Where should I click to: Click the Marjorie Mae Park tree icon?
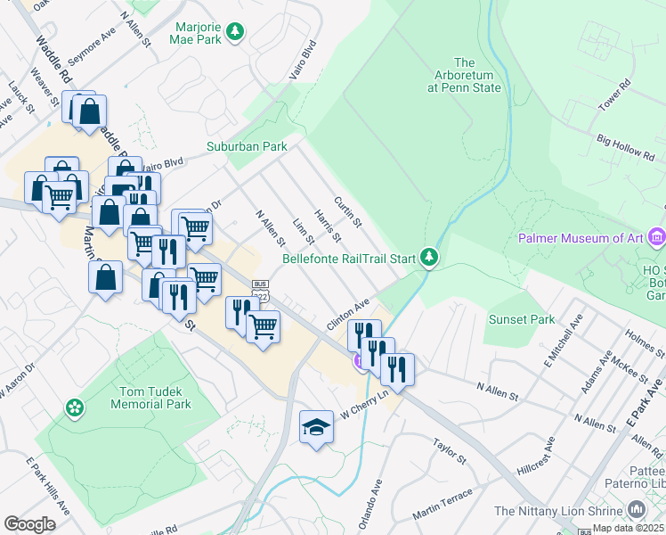tap(235, 33)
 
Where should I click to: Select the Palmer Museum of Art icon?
tap(657, 237)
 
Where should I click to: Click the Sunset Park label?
tap(521, 319)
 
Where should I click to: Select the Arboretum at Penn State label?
tap(464, 75)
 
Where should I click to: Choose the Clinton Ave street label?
tap(347, 316)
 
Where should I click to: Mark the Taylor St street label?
tap(450, 452)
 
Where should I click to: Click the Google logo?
tap(29, 524)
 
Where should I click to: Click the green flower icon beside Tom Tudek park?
tap(75, 408)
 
